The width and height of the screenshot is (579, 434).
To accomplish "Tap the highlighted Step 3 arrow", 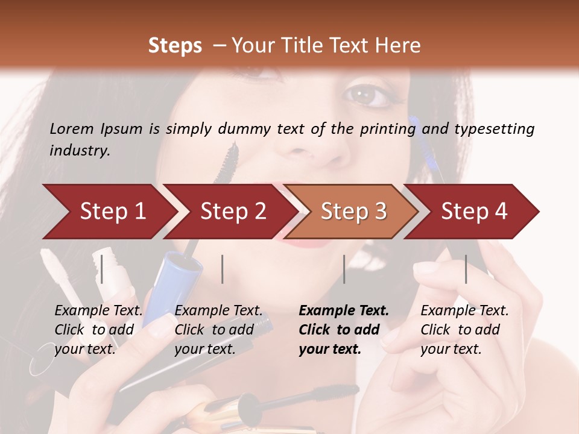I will (x=353, y=212).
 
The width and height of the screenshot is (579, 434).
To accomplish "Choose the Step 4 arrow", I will (x=474, y=212).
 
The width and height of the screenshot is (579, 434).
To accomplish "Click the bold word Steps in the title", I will (x=175, y=46).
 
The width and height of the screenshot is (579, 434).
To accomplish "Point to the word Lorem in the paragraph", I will (x=72, y=128).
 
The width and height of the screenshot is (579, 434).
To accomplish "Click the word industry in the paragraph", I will (x=79, y=151).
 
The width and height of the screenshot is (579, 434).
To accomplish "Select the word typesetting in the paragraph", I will (x=494, y=128).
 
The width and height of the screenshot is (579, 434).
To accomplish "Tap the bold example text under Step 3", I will (x=344, y=330).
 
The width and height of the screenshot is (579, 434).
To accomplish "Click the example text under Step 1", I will (x=98, y=330).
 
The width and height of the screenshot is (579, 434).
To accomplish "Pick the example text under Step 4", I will (x=464, y=330).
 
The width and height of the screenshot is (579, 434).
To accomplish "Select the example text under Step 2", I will (x=218, y=330).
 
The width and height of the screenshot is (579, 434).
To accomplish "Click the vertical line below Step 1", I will (x=102, y=269).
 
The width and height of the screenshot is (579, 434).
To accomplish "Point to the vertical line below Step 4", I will (x=466, y=269).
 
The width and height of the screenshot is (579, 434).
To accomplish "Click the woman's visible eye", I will (x=365, y=94).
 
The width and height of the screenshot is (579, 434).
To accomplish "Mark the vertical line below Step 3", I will (x=344, y=269).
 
